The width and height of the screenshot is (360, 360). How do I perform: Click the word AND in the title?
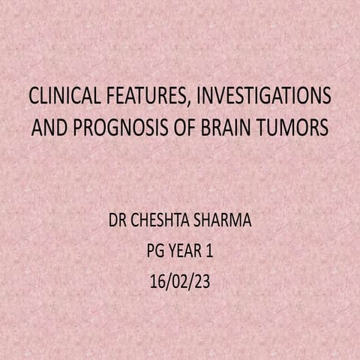[x=49, y=128]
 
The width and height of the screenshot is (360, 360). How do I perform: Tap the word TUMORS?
[x=293, y=128]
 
